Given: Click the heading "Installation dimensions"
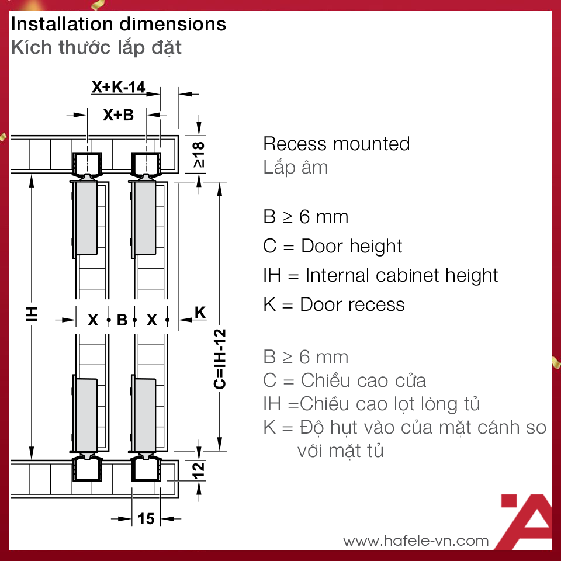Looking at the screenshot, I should pos(119,24).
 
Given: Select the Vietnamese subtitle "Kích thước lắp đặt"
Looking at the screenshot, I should pos(96,47).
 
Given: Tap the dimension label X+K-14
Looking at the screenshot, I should pos(119,88).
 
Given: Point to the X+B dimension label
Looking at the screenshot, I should pos(119,115).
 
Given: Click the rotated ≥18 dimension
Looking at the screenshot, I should pos(199,154).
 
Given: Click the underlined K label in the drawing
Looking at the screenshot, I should pos(200,313).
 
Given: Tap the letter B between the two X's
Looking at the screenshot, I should pos(122,320).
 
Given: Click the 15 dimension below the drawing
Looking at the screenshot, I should pos(146,518).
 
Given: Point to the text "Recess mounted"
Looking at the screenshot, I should pos(337,144).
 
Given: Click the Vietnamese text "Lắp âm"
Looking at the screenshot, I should pos(295,168).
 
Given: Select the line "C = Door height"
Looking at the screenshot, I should pos(333,246).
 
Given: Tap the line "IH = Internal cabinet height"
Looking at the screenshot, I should pos(380,275).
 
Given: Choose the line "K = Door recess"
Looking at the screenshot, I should pos(334,304).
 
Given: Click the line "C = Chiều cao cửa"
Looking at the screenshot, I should pos(345,380).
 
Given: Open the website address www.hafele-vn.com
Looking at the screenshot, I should pos(415,541).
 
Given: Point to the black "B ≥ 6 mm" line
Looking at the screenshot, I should pos(306,217).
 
